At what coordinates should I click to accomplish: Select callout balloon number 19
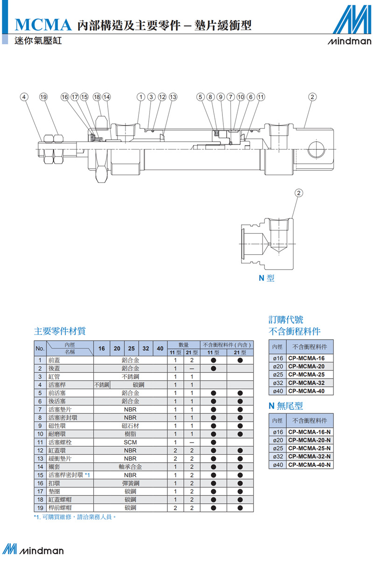coord(43,97)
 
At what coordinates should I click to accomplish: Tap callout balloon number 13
coord(173,97)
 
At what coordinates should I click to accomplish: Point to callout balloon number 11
coord(261,97)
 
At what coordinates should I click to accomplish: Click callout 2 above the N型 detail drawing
coord(298,193)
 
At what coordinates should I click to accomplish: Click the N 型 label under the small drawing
coord(267,278)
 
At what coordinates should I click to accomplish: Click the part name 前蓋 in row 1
coord(54,361)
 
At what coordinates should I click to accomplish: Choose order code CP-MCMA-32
coord(306,383)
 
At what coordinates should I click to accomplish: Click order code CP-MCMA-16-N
coord(310,432)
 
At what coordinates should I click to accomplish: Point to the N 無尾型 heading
coord(286,406)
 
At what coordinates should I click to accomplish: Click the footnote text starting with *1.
coord(75,517)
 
